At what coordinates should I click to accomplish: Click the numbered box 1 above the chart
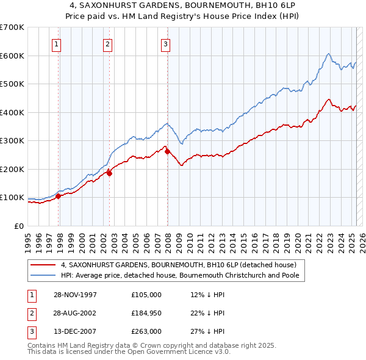click(56, 43)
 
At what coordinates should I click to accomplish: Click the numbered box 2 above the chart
click(107, 43)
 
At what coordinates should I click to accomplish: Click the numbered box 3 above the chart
click(165, 43)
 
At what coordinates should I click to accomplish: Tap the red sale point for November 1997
click(59, 196)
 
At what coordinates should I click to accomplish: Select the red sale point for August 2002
click(110, 173)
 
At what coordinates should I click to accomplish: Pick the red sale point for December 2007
click(167, 151)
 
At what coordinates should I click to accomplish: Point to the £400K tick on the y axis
click(13, 112)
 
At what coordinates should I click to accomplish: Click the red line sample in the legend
click(44, 265)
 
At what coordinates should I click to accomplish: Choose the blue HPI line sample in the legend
click(44, 276)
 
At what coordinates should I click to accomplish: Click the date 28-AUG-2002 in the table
click(75, 313)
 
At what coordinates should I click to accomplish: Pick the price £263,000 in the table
click(146, 331)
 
